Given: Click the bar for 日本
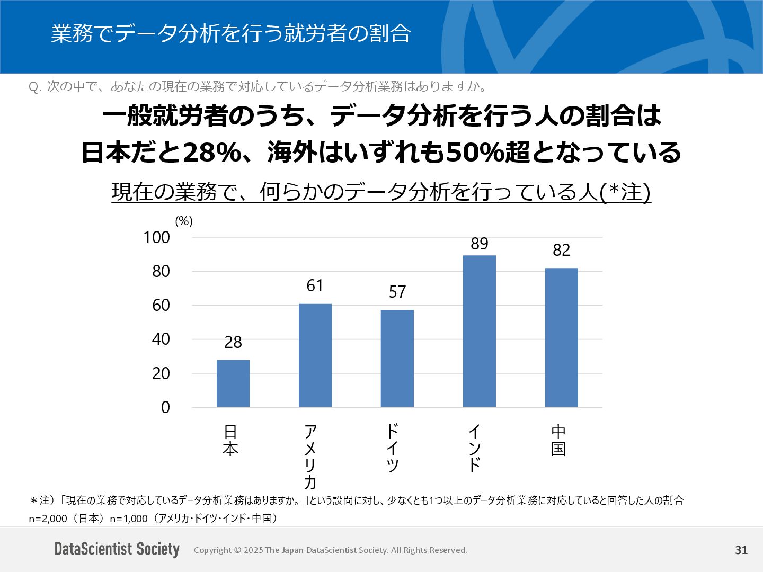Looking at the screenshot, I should (x=233, y=383).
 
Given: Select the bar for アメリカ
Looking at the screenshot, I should (x=315, y=355).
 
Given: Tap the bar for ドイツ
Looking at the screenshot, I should (x=397, y=359).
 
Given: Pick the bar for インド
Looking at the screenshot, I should (x=480, y=331).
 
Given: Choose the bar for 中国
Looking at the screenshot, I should (x=562, y=337).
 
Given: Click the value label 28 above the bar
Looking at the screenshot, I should (x=233, y=343).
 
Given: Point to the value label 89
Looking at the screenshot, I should (x=480, y=244).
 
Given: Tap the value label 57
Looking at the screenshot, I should (x=397, y=292).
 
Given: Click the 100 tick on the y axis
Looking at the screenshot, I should (x=157, y=237).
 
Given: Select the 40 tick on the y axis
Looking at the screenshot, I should (x=161, y=339).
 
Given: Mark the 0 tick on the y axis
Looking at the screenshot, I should (x=166, y=407).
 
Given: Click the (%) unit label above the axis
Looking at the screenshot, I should (x=184, y=221).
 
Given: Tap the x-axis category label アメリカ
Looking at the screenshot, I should (x=310, y=457).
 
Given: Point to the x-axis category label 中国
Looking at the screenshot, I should (x=558, y=440).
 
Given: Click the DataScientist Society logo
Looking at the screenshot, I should (x=117, y=549).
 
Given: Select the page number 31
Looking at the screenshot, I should (x=741, y=550).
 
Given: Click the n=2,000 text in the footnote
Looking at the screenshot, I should (x=48, y=519).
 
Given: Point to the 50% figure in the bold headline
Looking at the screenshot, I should (x=468, y=153).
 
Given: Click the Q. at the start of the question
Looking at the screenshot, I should (x=35, y=87).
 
